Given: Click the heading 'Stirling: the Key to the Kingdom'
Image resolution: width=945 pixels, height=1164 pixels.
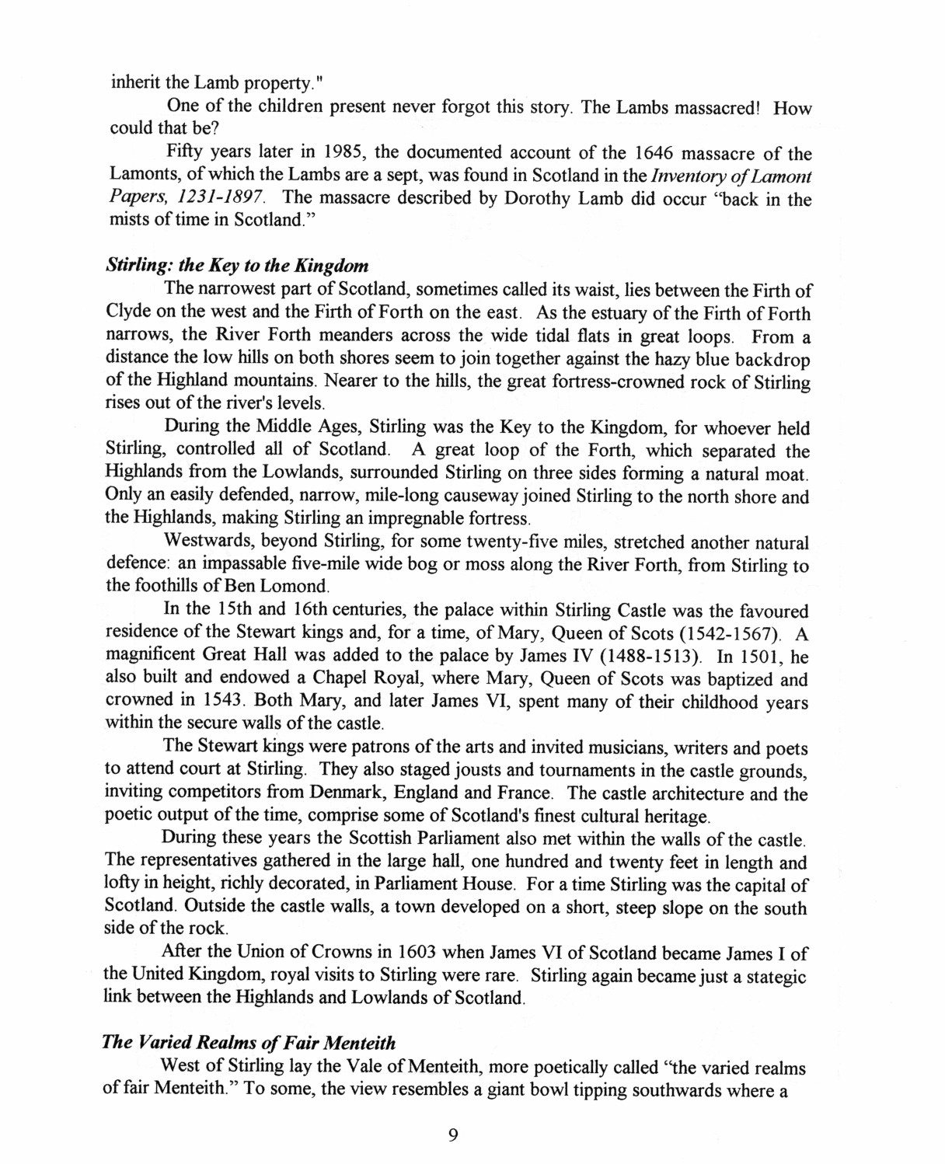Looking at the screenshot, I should click(236, 265).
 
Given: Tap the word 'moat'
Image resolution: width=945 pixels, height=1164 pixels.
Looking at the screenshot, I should click(790, 473).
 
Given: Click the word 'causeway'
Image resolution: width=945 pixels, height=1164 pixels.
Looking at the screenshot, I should click(497, 496).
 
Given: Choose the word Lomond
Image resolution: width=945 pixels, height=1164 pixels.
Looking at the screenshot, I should click(288, 587).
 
